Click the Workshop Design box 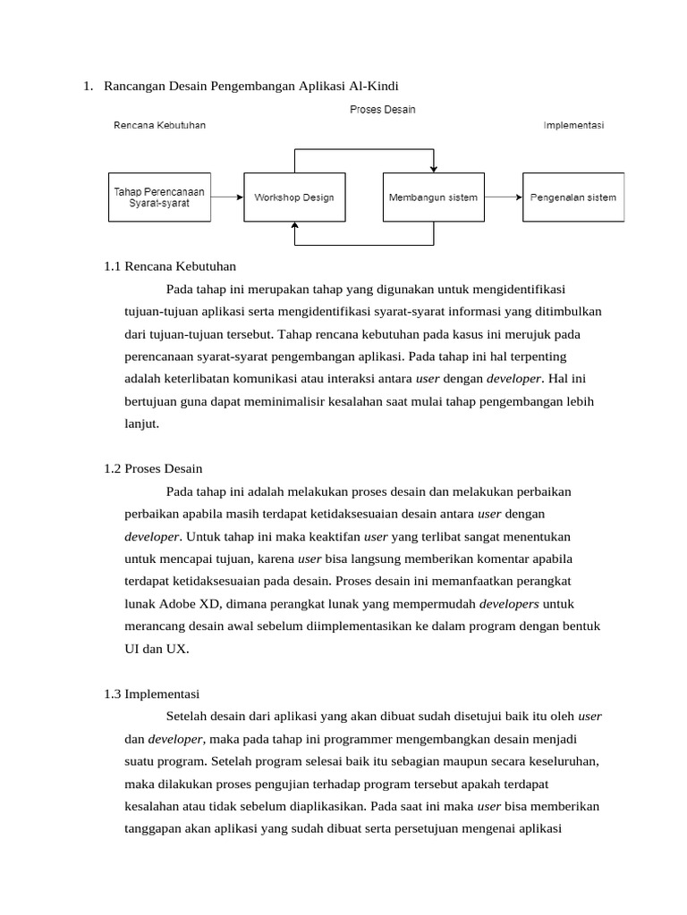pos(293,197)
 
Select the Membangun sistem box pos(433,197)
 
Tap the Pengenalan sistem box pos(573,197)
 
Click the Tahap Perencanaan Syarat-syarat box pos(159,197)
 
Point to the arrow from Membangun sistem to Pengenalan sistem pos(504,197)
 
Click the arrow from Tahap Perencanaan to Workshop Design pos(227,197)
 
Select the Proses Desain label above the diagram pos(382,109)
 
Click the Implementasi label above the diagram pos(573,125)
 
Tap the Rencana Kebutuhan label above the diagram pos(159,125)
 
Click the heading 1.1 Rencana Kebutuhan pos(170,266)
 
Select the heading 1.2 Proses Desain pos(153,468)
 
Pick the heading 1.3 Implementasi pos(151,693)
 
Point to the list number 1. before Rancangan pos(88,86)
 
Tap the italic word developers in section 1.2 pos(509,604)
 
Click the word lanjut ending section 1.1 pos(141,424)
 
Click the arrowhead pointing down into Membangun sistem pos(434,168)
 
